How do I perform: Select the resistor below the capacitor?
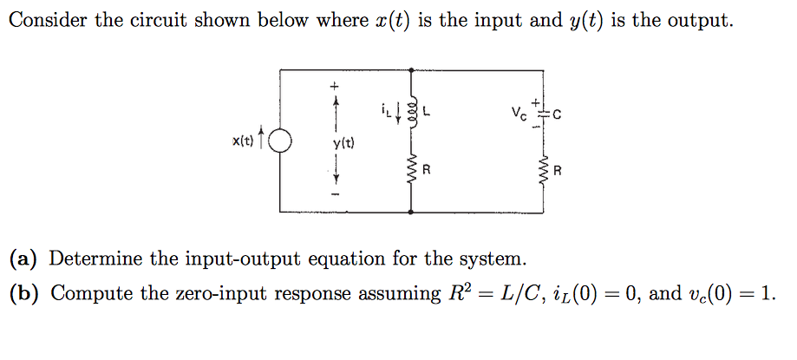pyautogui.click(x=544, y=171)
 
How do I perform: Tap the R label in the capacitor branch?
pyautogui.click(x=558, y=171)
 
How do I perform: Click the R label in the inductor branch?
pyautogui.click(x=426, y=171)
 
